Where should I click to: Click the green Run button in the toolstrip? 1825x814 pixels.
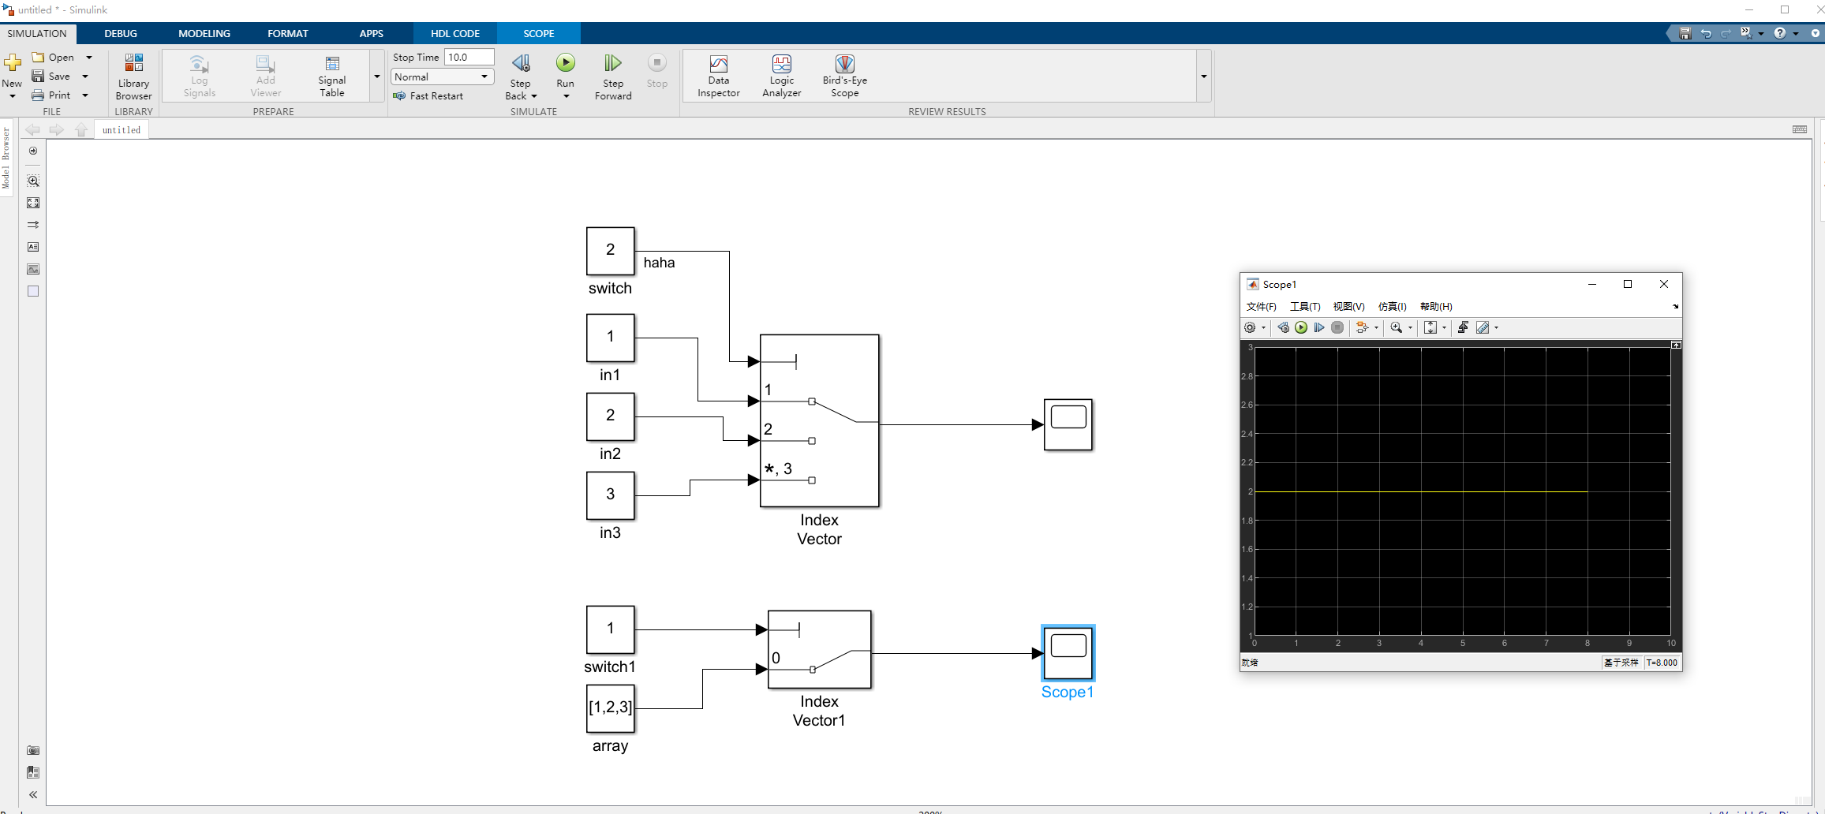[x=566, y=63]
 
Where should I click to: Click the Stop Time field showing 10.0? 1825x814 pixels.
[x=469, y=57]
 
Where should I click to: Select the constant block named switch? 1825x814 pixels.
[x=610, y=251]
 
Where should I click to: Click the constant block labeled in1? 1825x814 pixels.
[x=610, y=338]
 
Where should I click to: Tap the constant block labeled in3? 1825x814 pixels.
[x=610, y=495]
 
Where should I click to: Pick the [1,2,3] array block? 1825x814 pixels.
[x=610, y=708]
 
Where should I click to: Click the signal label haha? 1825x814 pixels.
[x=659, y=263]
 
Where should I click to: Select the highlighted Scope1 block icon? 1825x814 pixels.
[x=1068, y=652]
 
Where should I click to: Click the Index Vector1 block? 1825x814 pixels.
[x=819, y=649]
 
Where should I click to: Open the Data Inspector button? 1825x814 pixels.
[x=718, y=76]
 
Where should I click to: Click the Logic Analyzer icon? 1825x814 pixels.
[x=781, y=64]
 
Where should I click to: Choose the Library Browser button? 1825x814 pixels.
[x=133, y=76]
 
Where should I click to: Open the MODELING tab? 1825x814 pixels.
[x=204, y=33]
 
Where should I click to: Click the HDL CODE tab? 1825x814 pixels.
[x=454, y=33]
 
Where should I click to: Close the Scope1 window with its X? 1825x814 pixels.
[x=1664, y=284]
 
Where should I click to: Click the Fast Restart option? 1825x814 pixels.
[x=436, y=96]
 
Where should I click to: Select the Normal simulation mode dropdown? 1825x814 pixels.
[x=442, y=77]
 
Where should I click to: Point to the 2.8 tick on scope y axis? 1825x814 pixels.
[x=1247, y=376]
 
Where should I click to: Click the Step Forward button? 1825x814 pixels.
[x=613, y=76]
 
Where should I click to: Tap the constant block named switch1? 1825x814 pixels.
[x=610, y=629]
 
